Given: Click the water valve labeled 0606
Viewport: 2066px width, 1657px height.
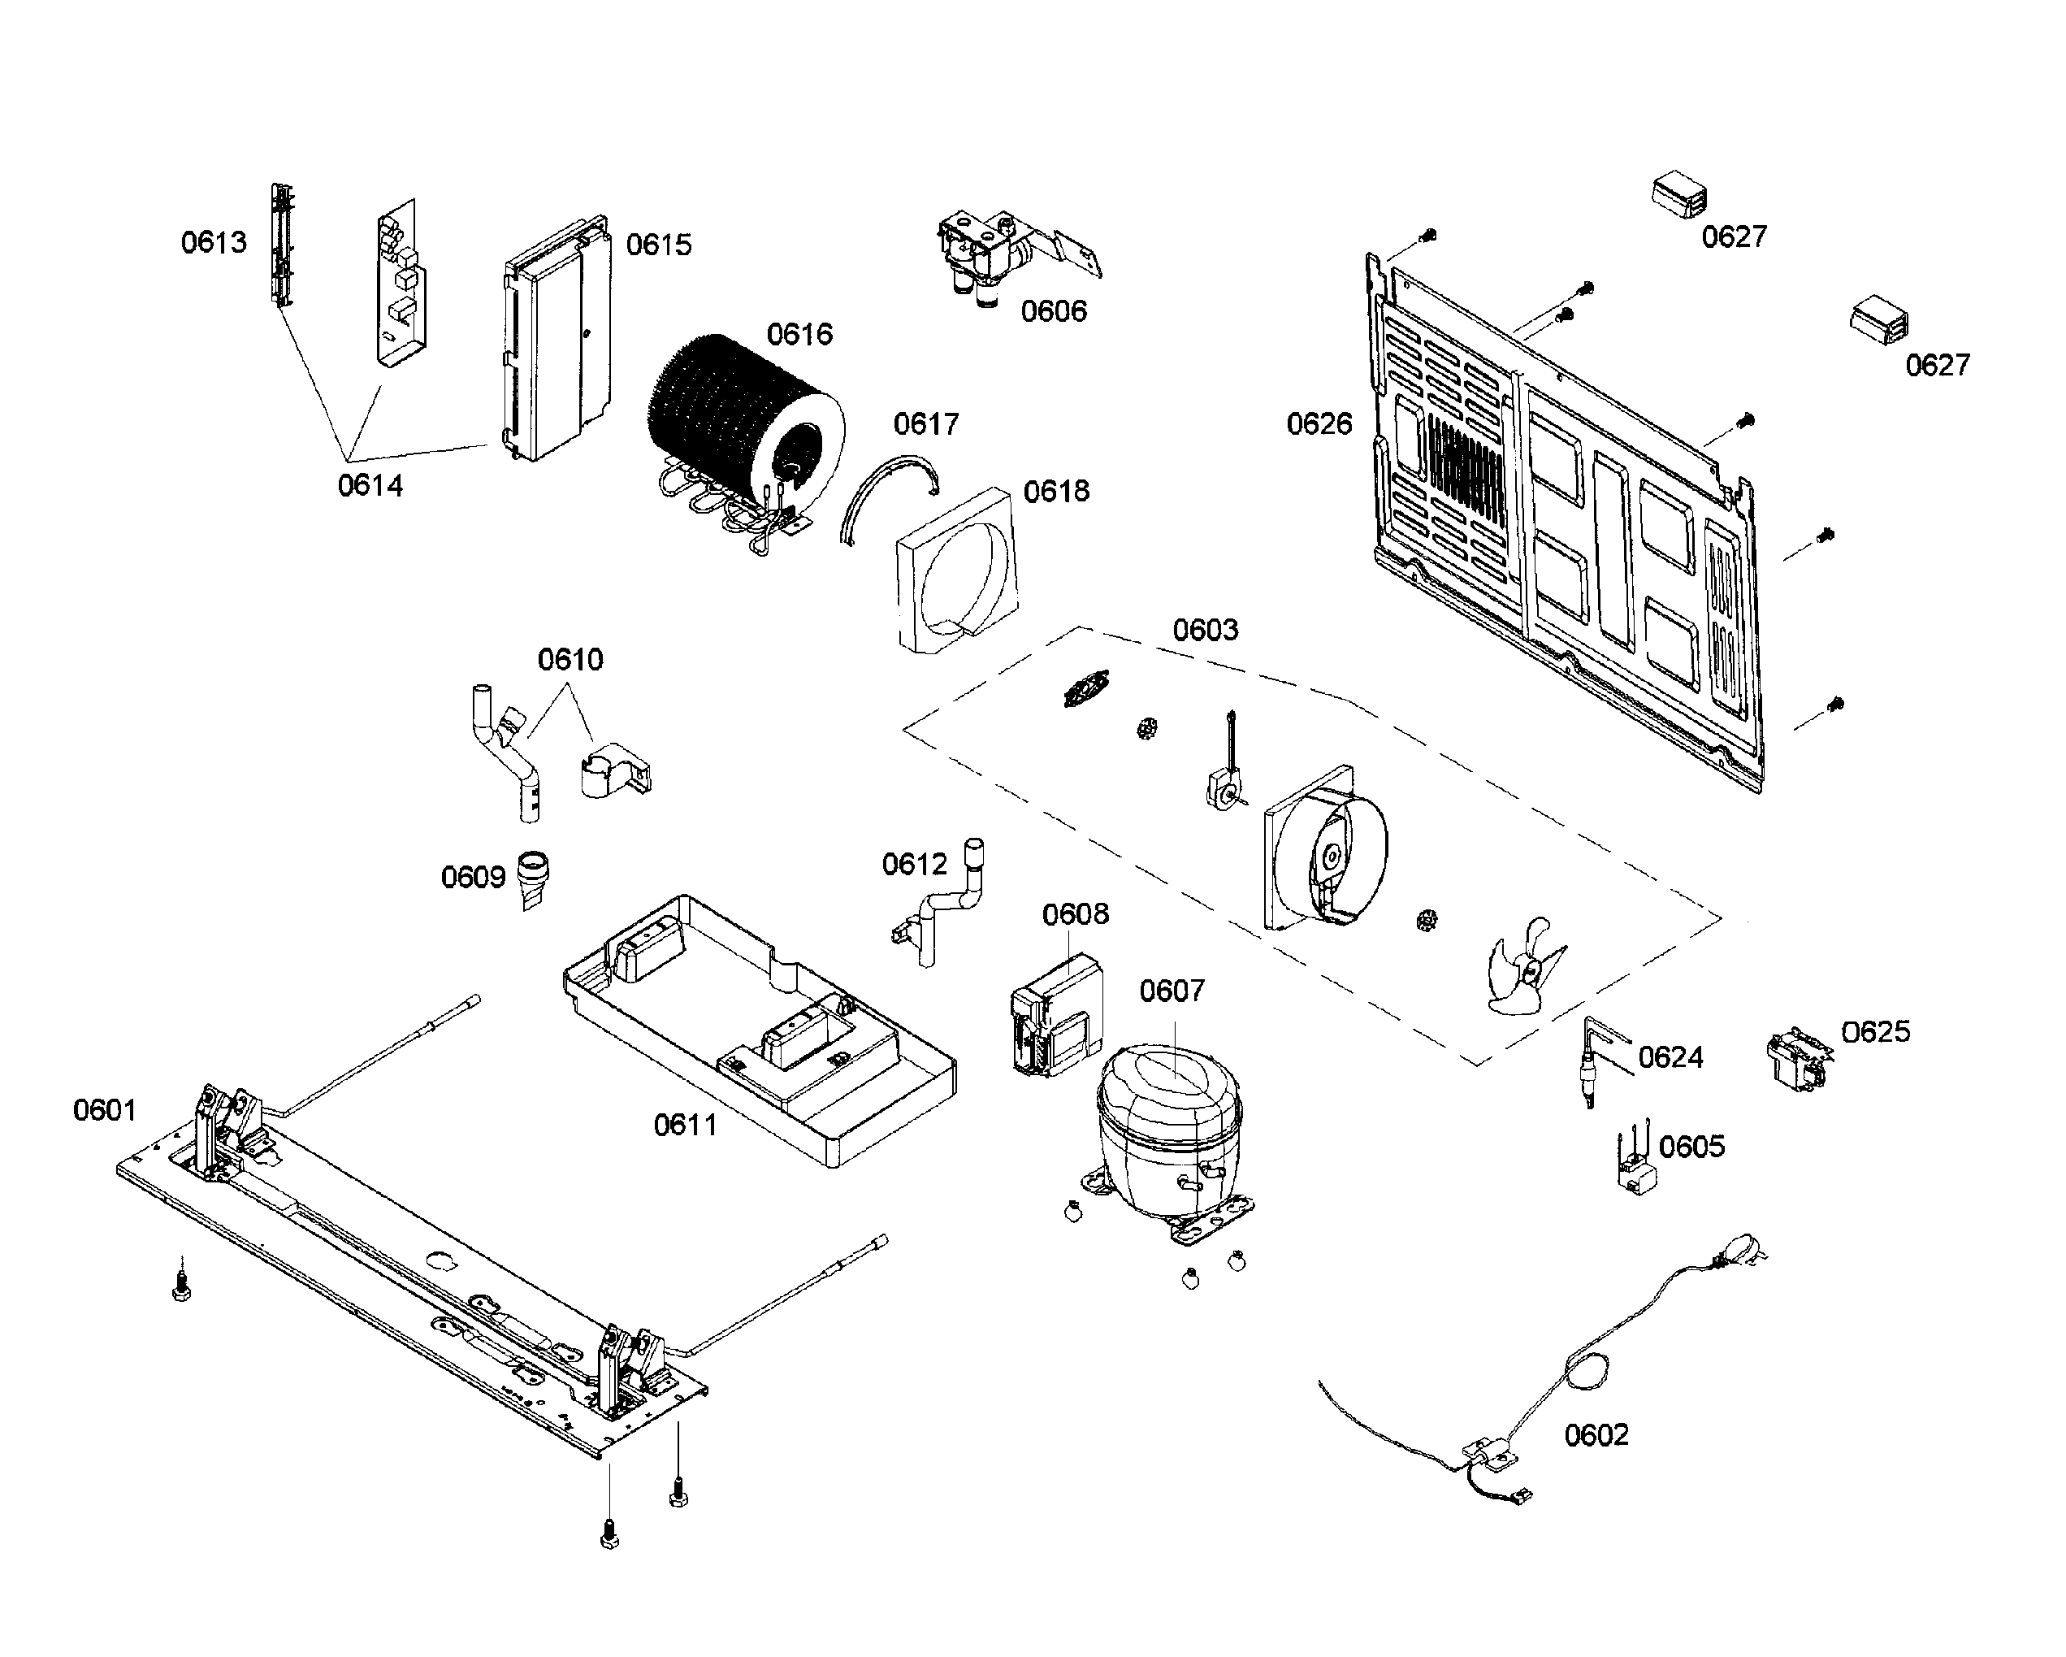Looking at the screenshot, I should point(987,254).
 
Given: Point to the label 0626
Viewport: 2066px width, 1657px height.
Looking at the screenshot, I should point(1319,423).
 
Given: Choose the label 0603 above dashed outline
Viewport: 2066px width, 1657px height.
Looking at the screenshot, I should point(1205,631).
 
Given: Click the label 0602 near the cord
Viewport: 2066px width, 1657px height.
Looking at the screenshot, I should point(1596,1434).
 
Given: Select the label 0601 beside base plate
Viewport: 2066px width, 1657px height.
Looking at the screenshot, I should point(105,1111).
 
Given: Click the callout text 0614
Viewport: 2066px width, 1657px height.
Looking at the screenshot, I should point(370,486).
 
